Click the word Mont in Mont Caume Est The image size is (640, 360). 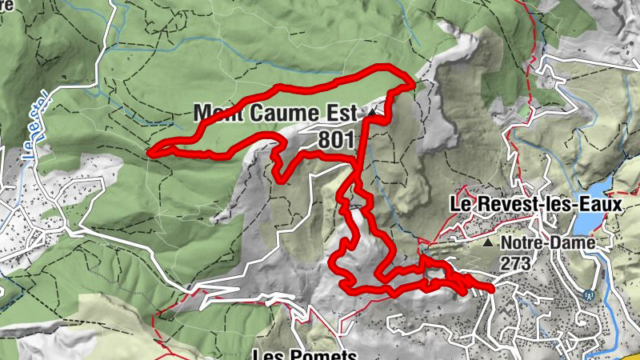pos(222,111)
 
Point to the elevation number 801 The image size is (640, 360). pos(336,139)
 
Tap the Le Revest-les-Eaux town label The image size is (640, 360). pos(535,205)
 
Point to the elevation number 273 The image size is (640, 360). pos(517,261)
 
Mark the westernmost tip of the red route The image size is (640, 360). pos(151,150)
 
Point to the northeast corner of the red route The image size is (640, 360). pos(413,81)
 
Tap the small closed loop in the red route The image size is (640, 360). pos(436,276)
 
